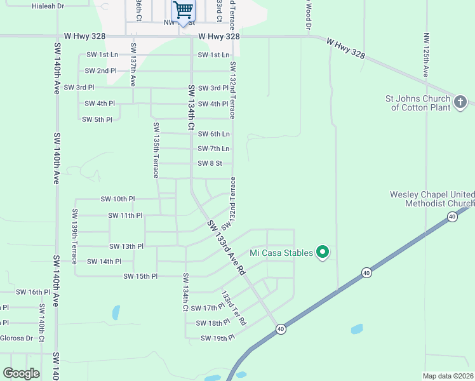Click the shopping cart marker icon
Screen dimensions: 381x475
(183, 10)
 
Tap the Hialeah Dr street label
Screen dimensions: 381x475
(48, 6)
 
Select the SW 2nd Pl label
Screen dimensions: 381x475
(100, 70)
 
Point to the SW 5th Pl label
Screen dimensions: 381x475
(97, 119)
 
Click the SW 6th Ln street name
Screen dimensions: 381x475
(213, 134)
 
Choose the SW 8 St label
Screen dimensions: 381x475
(210, 163)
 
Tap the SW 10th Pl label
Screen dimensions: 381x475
(117, 199)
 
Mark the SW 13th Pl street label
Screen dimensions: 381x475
(126, 246)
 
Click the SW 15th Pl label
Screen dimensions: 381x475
(140, 276)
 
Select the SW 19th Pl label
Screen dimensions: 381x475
(217, 338)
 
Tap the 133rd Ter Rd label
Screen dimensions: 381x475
(232, 308)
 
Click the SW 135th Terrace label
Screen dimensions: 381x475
(156, 150)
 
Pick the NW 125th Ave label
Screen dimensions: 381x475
(425, 54)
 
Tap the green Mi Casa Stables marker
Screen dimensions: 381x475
(323, 253)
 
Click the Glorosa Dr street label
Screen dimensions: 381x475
(16, 338)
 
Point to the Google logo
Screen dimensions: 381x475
(21, 373)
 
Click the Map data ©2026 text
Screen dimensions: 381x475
(447, 376)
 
